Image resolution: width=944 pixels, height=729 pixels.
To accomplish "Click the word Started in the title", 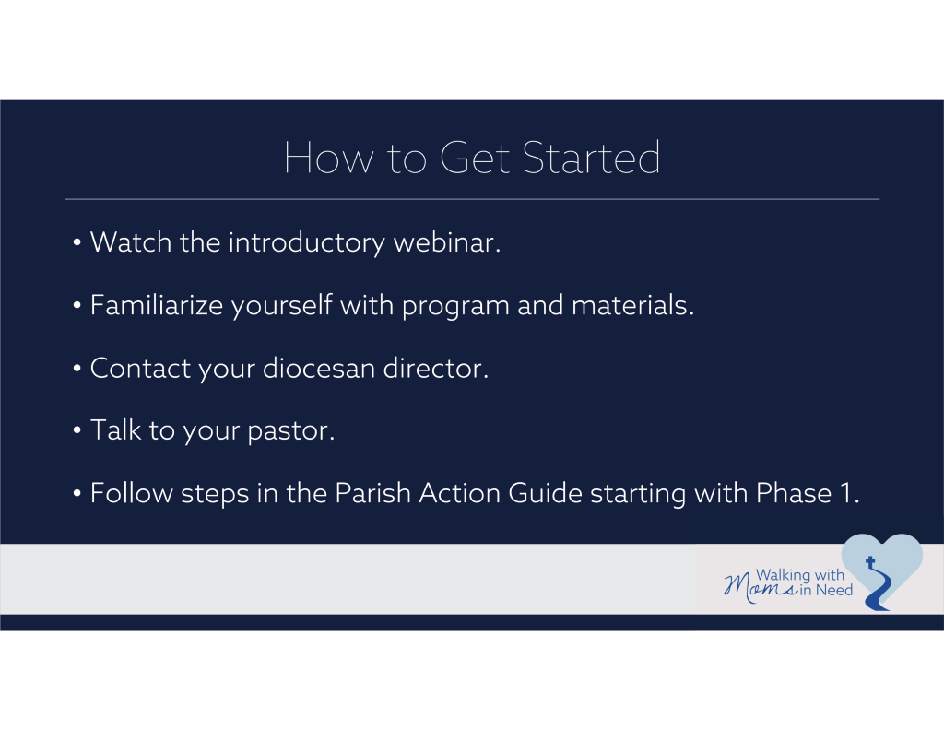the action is click(x=591, y=158).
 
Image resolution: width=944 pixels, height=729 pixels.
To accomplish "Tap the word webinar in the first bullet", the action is click(x=447, y=242).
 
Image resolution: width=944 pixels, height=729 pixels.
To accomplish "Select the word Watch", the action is click(x=131, y=242).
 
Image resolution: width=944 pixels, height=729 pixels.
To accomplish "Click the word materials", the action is click(x=632, y=305).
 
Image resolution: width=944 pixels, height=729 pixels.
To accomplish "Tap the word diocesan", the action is click(x=319, y=368).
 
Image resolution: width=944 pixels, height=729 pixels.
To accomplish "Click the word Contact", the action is click(x=140, y=368).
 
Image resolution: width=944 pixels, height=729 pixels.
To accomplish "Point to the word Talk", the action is click(x=115, y=429).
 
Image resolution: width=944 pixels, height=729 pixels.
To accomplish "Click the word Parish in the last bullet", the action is click(x=372, y=493).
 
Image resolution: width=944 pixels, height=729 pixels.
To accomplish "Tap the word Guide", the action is click(x=546, y=493).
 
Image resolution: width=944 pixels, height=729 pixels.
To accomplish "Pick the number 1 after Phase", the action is click(x=846, y=493).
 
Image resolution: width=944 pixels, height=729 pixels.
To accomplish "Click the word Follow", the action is click(x=132, y=493).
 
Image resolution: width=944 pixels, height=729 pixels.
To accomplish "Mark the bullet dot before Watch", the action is click(x=77, y=242).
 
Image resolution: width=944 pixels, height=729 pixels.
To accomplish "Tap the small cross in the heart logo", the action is click(x=870, y=561).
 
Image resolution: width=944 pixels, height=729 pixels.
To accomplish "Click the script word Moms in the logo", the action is click(x=761, y=587).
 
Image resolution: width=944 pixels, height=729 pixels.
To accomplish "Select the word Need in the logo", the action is click(x=833, y=590).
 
